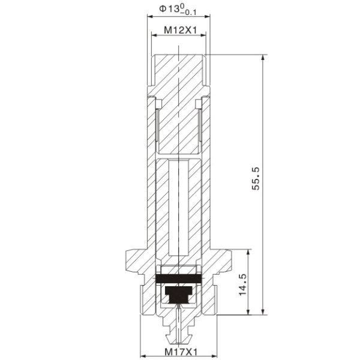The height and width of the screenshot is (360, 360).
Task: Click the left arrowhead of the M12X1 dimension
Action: click(154, 37)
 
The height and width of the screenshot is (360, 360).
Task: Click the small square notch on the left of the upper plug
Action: click(158, 106)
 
